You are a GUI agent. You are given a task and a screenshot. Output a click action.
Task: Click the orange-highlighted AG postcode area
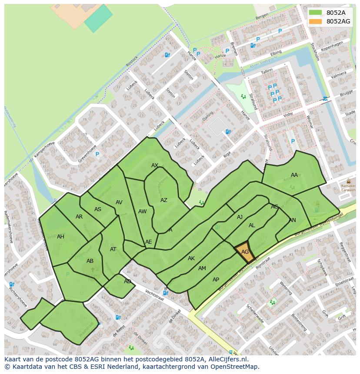244,252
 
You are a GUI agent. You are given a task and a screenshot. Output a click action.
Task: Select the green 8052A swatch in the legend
315,13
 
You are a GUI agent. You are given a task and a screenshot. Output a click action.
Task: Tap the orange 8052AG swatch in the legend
315,21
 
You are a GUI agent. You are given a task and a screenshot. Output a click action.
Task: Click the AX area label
155,165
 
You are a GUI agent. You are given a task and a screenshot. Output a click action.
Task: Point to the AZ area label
163,200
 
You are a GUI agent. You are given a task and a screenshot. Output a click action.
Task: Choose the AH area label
60,237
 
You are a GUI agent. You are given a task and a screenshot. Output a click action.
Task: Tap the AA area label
294,175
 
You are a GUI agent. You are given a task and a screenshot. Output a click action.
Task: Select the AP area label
216,280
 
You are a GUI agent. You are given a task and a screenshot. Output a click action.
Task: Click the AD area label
127,281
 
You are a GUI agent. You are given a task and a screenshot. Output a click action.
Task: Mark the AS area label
98,209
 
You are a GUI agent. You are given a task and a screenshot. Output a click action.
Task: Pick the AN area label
292,220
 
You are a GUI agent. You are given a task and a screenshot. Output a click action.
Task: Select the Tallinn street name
267,70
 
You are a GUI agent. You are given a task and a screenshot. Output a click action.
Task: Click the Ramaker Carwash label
348,188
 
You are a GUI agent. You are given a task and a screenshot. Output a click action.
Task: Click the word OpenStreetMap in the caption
235,367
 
